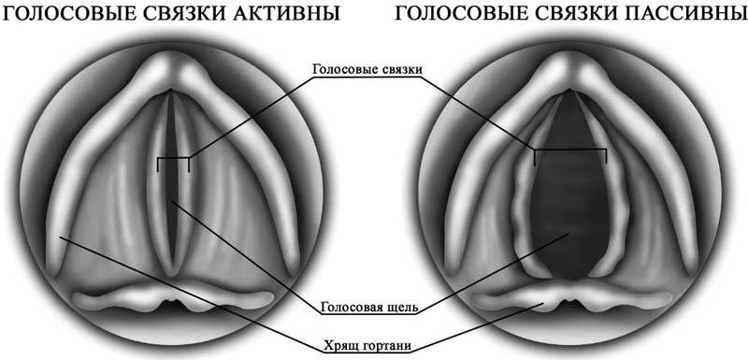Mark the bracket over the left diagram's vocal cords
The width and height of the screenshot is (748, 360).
[173, 160]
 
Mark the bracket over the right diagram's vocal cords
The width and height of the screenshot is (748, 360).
[570, 151]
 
